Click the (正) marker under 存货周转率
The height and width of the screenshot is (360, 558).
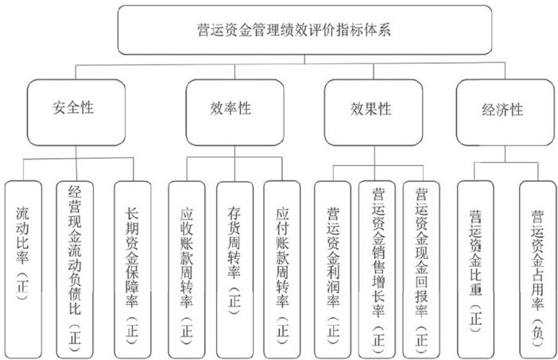coord(234,305)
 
